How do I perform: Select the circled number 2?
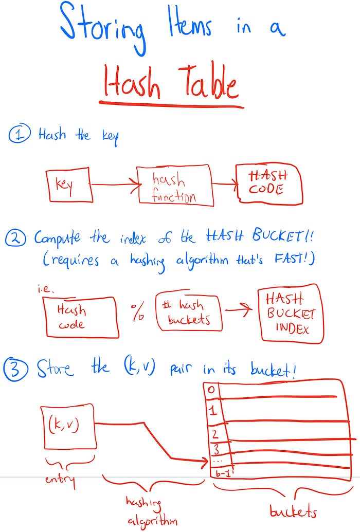coord(17,238)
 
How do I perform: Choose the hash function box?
coord(174,186)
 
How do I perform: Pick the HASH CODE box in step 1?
coord(269,183)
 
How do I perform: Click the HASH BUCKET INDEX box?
coord(291,313)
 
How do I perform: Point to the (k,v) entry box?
coord(67,426)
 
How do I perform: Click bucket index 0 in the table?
coord(210,389)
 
